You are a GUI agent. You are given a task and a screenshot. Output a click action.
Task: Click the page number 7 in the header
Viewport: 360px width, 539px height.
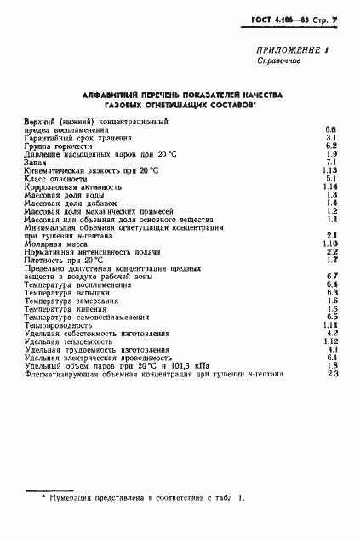click(x=335, y=18)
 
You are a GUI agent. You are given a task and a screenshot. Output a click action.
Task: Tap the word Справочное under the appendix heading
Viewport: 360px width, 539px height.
click(x=277, y=62)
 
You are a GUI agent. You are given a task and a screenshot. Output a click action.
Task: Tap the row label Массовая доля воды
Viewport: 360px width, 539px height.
click(x=61, y=195)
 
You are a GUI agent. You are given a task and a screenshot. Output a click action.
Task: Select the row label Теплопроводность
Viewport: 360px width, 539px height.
click(x=58, y=324)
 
